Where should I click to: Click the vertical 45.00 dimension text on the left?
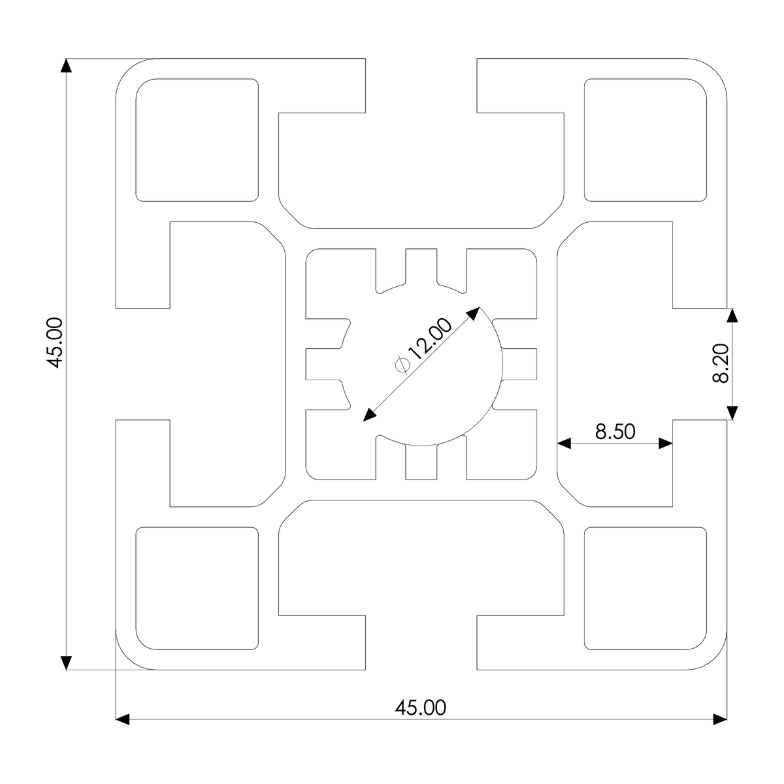pyautogui.click(x=55, y=343)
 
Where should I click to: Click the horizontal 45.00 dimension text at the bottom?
pyautogui.click(x=420, y=708)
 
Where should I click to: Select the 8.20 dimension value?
pyautogui.click(x=721, y=363)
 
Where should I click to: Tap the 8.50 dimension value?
pyautogui.click(x=615, y=432)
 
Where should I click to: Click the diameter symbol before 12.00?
pyautogui.click(x=402, y=365)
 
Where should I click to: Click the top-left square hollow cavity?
pyautogui.click(x=197, y=140)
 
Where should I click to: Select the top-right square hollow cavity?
pyautogui.click(x=645, y=140)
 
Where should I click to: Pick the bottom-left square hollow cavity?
pyautogui.click(x=197, y=588)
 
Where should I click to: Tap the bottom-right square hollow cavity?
pyautogui.click(x=645, y=588)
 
